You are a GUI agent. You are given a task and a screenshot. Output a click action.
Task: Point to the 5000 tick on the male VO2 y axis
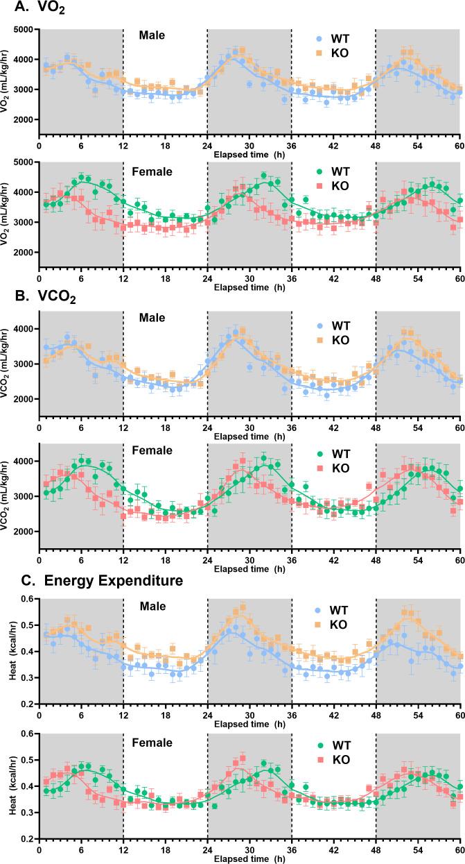(26, 30)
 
